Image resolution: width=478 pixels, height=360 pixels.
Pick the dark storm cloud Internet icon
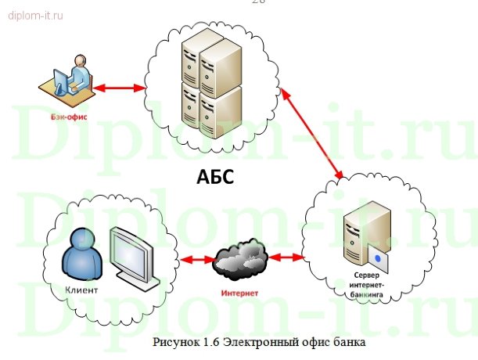pyautogui.click(x=242, y=261)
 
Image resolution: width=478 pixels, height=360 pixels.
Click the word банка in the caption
pyautogui.click(x=350, y=341)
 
